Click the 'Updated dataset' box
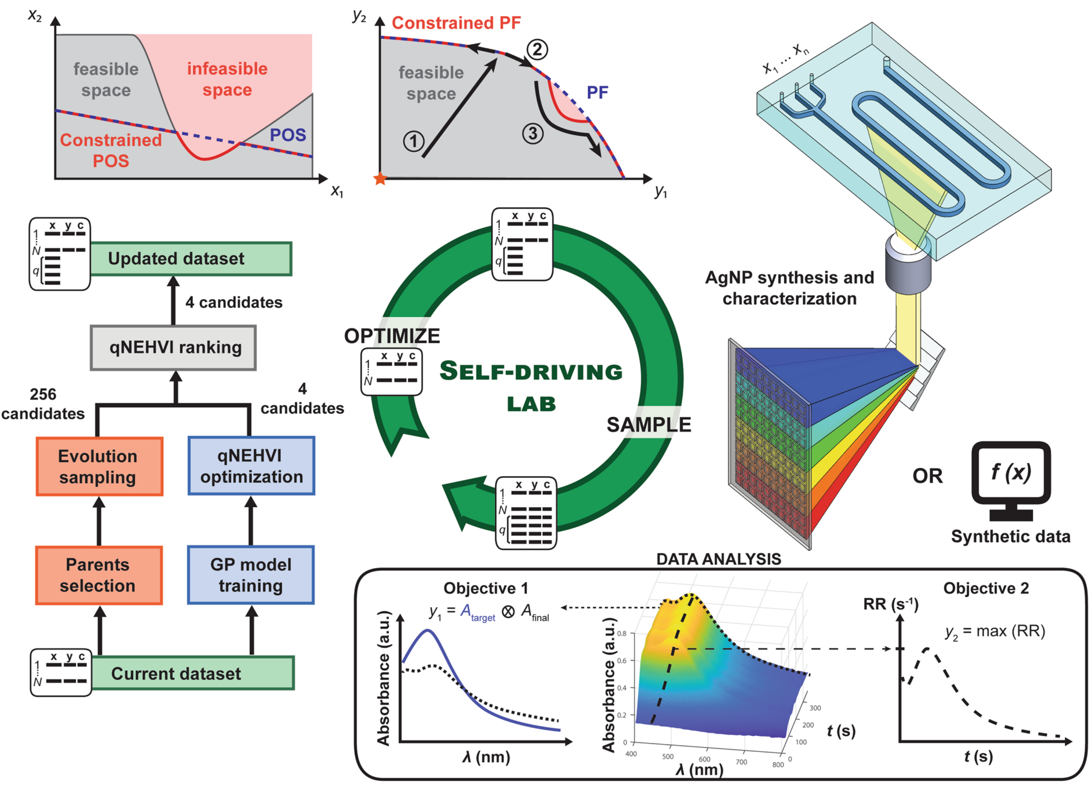(190, 258)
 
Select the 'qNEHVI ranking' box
(173, 347)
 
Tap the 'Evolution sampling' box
(99, 466)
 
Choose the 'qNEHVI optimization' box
(251, 466)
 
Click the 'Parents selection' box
(99, 575)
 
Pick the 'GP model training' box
(251, 575)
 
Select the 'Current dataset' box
(192, 673)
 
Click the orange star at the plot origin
(380, 179)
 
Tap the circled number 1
(413, 141)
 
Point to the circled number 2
(537, 50)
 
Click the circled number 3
(533, 134)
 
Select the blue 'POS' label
(288, 135)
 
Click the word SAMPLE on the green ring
(649, 424)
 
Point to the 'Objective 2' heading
(986, 588)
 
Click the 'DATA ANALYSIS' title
(719, 559)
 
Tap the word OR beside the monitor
(928, 476)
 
